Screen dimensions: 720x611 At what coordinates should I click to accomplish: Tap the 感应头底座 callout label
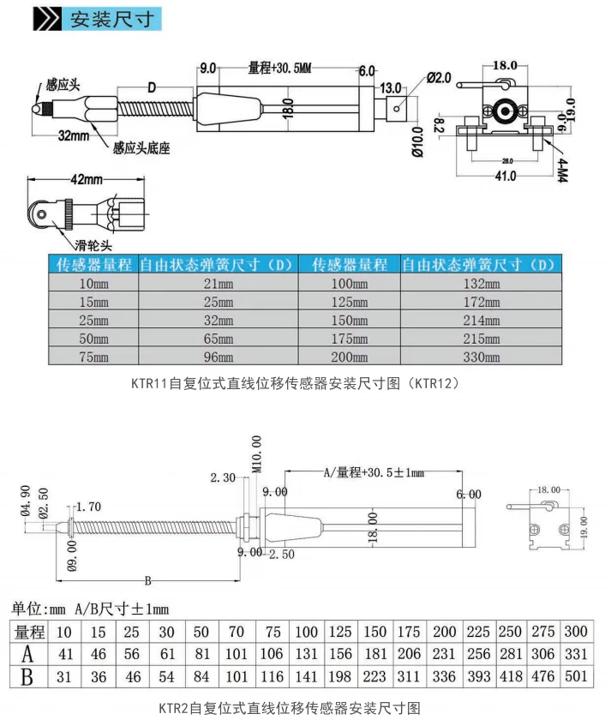pos(141,148)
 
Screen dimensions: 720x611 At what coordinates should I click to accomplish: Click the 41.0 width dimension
pos(504,177)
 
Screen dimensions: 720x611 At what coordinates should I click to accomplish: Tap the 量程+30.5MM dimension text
pos(279,69)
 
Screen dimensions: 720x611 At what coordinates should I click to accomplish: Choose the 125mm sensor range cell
pos(350,302)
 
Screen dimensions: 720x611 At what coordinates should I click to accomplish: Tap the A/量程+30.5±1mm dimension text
pos(374,472)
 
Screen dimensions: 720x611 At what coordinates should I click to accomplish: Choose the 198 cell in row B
pos(341,677)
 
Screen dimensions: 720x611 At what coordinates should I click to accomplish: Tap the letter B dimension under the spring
pos(147,580)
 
